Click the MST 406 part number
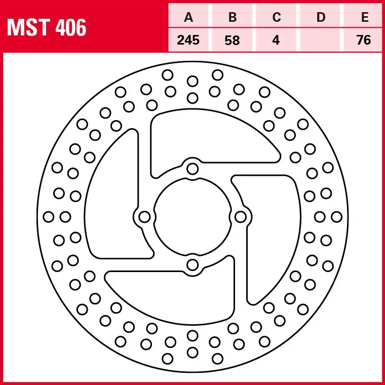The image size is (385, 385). click(46, 27)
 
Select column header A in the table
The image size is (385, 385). click(189, 18)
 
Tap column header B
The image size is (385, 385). click(233, 18)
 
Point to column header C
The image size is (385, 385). click(276, 18)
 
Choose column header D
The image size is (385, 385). click(320, 18)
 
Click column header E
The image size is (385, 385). click(364, 18)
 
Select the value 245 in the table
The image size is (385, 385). click(189, 40)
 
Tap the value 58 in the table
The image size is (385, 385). click(233, 40)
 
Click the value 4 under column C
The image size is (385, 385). click(276, 40)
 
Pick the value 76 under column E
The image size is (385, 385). click(364, 40)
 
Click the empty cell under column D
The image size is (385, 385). click(320, 40)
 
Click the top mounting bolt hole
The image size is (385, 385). click(192, 169)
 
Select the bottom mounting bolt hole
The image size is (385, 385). click(192, 264)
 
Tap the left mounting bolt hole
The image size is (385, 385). click(145, 217)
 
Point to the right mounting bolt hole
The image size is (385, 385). click(240, 217)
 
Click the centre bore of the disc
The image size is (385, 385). click(192, 217)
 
